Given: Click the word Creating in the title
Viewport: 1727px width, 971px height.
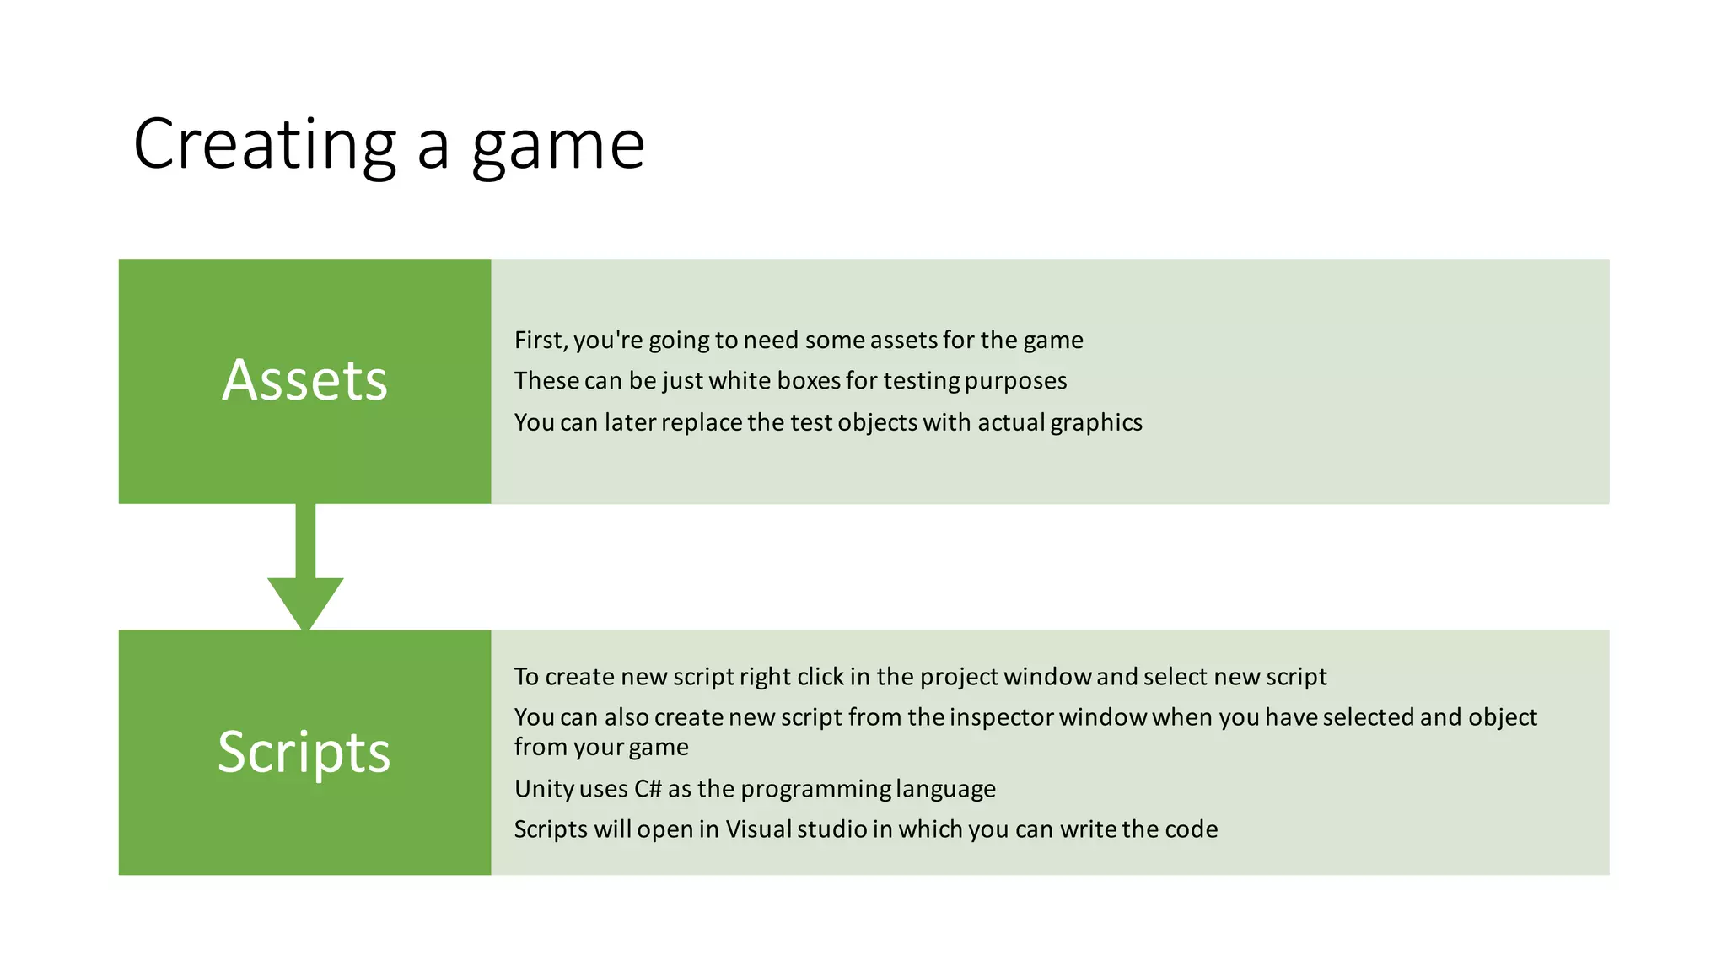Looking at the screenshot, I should tap(264, 145).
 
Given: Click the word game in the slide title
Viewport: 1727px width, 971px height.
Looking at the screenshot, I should tap(558, 147).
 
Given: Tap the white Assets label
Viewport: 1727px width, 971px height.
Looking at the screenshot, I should tap(304, 380).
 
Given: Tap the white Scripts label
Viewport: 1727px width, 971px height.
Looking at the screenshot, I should tap(304, 751).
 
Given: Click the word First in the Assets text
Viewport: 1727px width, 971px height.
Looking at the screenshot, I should tap(540, 340).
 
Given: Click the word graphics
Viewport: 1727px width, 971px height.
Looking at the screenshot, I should tap(1096, 422).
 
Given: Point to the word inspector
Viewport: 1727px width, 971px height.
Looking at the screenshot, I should tap(1001, 717).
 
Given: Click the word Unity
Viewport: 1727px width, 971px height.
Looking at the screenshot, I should tap(541, 789).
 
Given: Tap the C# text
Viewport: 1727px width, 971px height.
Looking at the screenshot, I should tap(648, 789).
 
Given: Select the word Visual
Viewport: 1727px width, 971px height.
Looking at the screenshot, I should tap(758, 829).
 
